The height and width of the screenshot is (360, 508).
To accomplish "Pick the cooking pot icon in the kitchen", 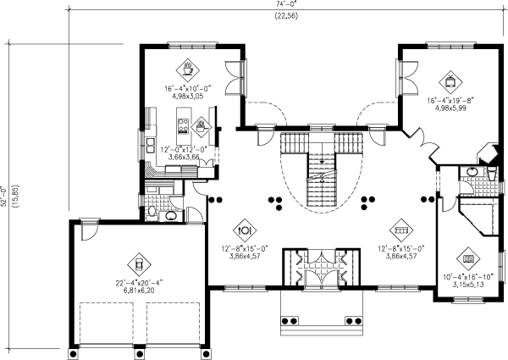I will [x=201, y=128].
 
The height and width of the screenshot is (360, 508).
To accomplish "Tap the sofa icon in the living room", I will [x=400, y=229].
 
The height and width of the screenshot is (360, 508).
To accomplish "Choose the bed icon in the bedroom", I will [x=467, y=259].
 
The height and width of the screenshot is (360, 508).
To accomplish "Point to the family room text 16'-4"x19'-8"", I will [x=450, y=100].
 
